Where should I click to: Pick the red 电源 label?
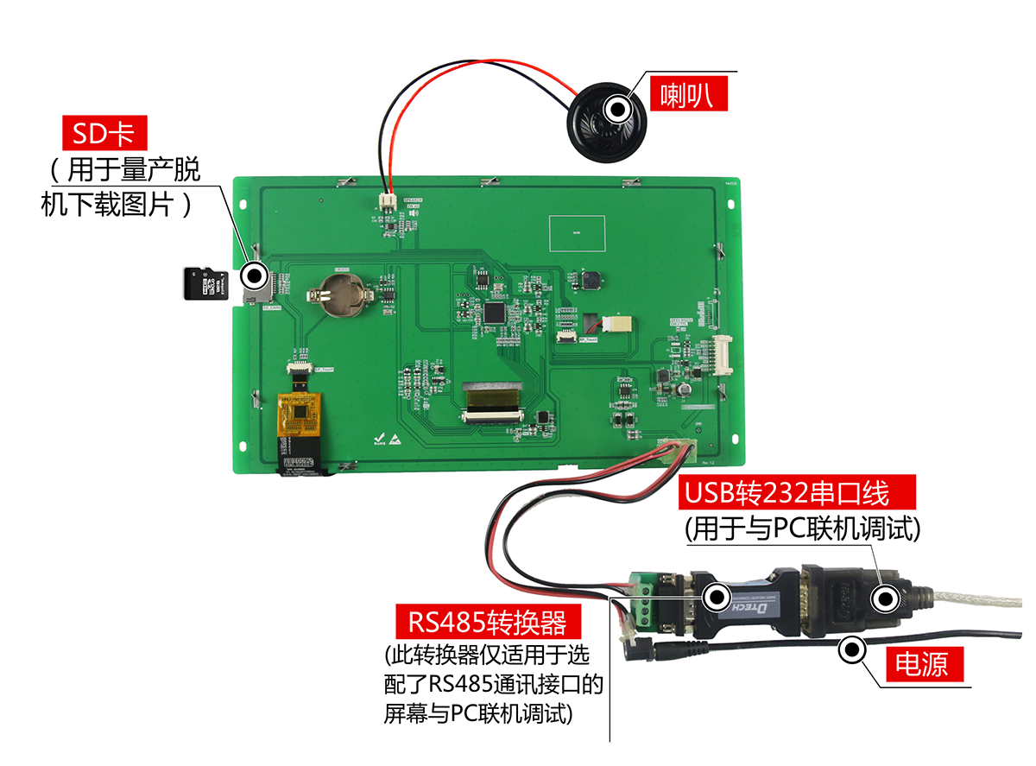click(x=921, y=662)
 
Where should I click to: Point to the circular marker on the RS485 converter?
click(x=716, y=597)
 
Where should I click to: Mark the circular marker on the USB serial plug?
click(x=885, y=598)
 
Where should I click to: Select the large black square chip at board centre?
click(x=495, y=312)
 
